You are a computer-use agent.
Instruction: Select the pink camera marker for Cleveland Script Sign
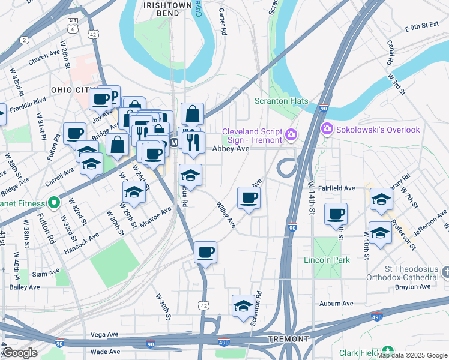[x=291, y=133]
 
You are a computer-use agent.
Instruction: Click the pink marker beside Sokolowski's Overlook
[x=327, y=128]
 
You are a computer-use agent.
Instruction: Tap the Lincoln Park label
[x=327, y=260]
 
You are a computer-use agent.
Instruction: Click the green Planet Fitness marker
[x=53, y=202]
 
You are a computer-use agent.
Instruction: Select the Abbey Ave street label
[x=229, y=148]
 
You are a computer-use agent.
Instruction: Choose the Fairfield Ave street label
[x=336, y=188]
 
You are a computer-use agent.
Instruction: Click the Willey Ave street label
[x=226, y=214]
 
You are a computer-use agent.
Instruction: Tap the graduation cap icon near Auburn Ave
[x=243, y=305]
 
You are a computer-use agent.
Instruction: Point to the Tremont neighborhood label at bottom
[x=288, y=339]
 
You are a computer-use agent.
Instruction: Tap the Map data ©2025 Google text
[x=412, y=355]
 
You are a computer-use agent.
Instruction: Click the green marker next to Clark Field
[x=388, y=350]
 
